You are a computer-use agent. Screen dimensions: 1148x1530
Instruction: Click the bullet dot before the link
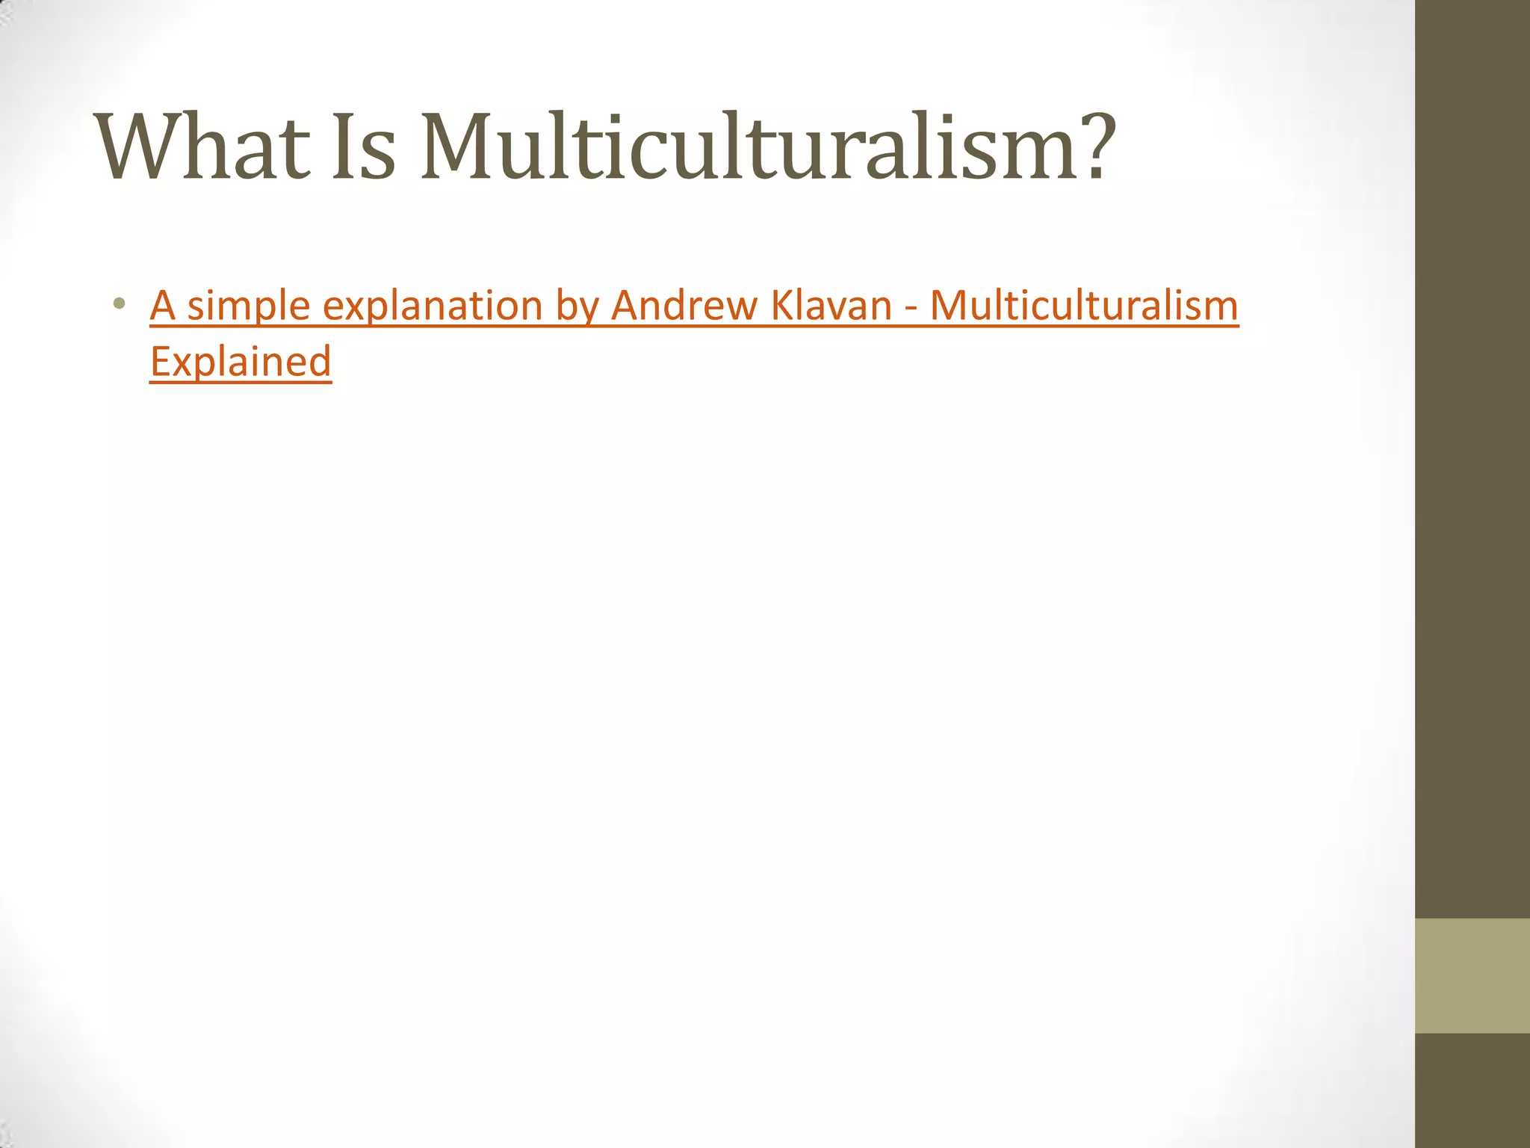118,304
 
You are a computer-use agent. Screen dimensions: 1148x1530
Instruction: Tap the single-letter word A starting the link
163,306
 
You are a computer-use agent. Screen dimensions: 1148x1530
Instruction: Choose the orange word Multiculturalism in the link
1084,306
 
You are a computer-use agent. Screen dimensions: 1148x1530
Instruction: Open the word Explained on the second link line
241,362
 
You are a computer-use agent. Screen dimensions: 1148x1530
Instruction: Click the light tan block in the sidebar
1472,975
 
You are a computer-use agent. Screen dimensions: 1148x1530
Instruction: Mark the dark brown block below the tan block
1472,1090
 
